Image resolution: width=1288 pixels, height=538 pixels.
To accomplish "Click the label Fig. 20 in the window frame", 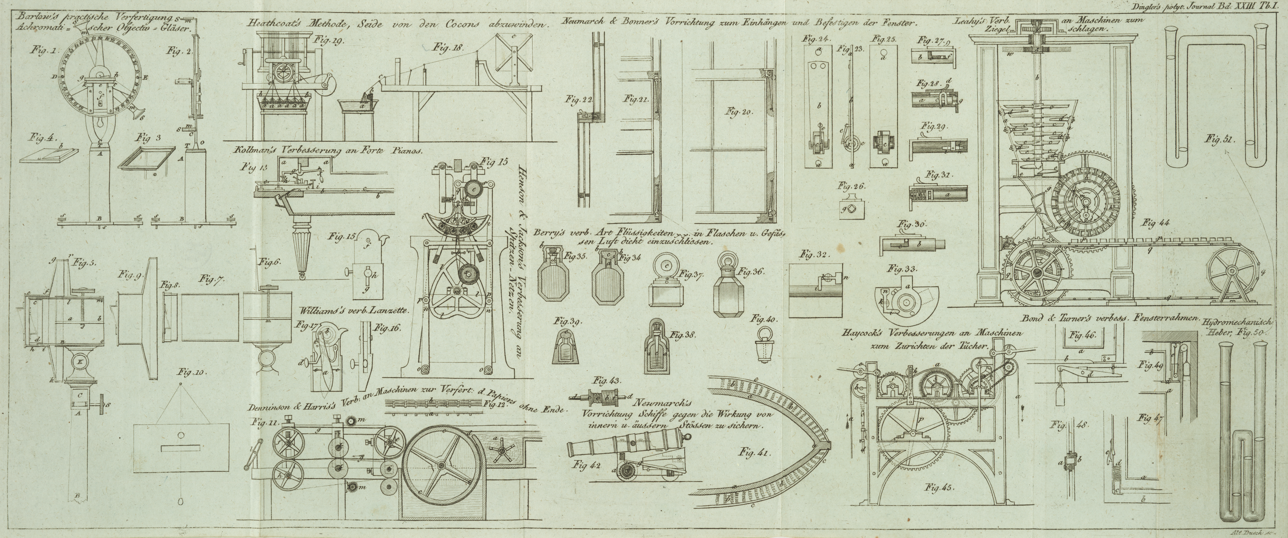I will (x=740, y=111).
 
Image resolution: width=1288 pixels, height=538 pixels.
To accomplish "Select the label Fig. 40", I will (x=763, y=318).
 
